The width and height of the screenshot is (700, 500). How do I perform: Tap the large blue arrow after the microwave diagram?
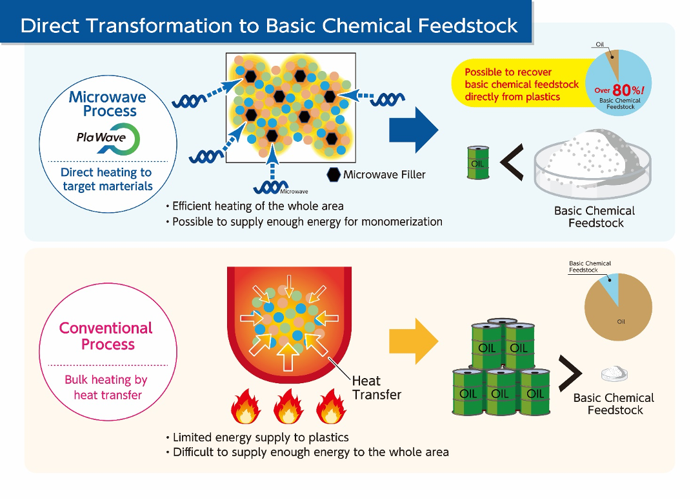[x=413, y=130]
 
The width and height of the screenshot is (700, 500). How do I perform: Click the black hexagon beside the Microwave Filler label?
[x=334, y=174]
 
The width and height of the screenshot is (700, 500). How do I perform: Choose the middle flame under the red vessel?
[x=288, y=407]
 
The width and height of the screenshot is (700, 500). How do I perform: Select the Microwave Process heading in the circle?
[x=108, y=104]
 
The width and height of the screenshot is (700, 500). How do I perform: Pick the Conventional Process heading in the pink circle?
[x=106, y=336]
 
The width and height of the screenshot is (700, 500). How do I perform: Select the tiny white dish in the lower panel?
[x=614, y=374]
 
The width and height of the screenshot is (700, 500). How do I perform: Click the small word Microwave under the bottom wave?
[x=294, y=192]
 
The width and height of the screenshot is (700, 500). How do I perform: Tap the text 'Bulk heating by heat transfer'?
[x=106, y=387]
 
